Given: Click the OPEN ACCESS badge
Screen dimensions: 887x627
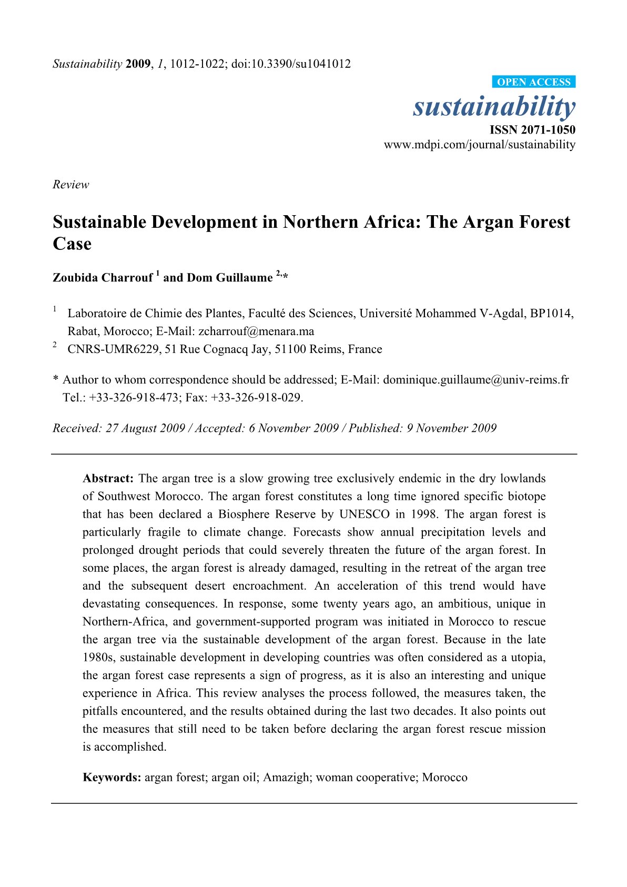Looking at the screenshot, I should point(533,82).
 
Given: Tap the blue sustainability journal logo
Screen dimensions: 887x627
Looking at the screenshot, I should point(494,107).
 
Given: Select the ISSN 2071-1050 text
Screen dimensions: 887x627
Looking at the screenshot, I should point(532,130).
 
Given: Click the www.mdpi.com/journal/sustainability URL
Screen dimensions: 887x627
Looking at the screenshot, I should point(479,145).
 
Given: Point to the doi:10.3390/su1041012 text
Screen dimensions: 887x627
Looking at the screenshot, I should point(291,64).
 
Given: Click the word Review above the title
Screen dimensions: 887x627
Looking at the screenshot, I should point(70,185).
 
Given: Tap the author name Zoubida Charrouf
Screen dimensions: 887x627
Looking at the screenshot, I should point(103,278).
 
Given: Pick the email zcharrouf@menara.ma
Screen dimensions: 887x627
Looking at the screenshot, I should point(256,331).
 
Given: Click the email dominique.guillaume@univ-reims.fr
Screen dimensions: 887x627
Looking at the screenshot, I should point(476,380).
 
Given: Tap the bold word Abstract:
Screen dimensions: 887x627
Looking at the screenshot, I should point(108,479).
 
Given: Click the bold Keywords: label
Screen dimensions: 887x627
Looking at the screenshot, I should point(112,778).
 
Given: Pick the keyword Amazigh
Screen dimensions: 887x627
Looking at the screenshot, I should point(286,778).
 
